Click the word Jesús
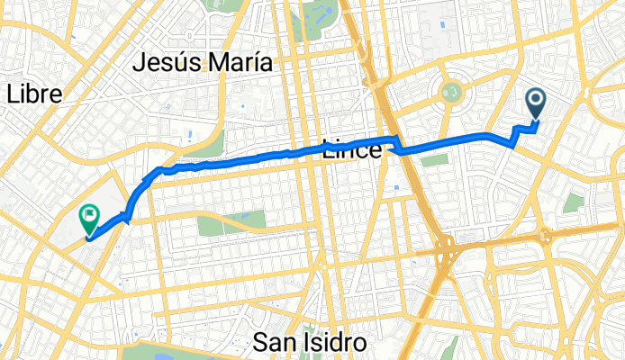click(x=169, y=63)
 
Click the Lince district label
click(x=351, y=151)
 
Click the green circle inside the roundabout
click(x=452, y=91)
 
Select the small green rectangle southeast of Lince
click(x=434, y=160)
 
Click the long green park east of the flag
click(x=231, y=219)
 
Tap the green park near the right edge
click(x=574, y=202)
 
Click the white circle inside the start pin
click(x=535, y=100)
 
